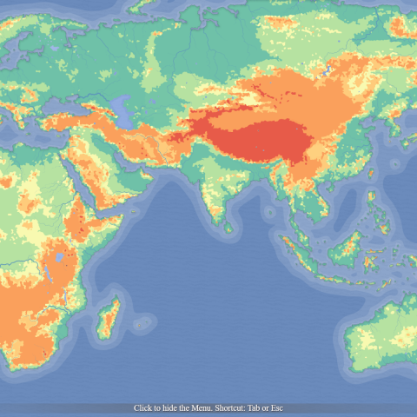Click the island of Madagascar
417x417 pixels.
click(109, 318)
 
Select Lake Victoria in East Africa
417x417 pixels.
click(58, 257)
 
